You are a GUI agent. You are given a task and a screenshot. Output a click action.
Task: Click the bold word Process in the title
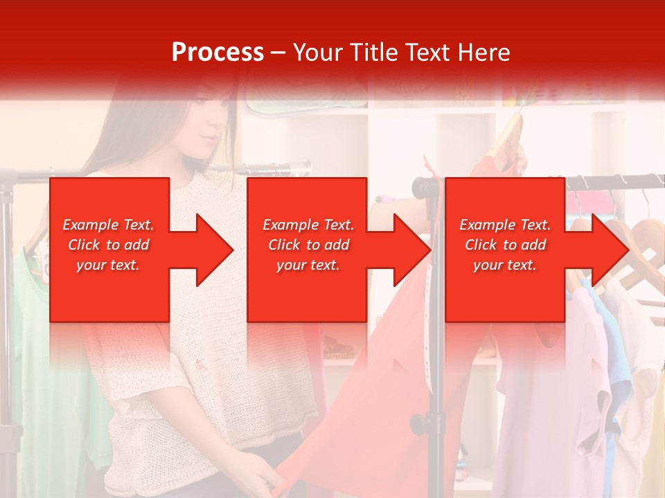218,52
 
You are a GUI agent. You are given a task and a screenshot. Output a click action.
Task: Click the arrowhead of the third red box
609,250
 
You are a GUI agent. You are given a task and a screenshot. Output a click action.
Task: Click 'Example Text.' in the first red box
108,225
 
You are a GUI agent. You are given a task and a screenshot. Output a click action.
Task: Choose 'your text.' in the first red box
108,265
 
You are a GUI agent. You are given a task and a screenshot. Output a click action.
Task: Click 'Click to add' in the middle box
308,245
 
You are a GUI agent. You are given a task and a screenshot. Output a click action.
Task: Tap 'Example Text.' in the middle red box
308,225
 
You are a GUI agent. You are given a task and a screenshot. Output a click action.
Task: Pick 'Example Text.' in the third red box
505,225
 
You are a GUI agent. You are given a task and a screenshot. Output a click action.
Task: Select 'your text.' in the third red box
505,265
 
